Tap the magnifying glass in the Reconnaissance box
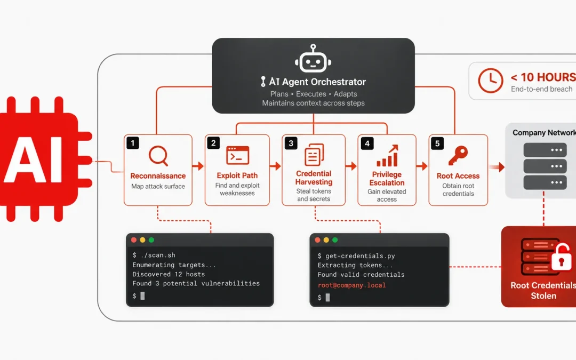(158, 156)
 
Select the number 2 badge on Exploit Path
(213, 143)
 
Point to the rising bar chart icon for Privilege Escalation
(387, 156)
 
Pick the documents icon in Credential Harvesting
(314, 155)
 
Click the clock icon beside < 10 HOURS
(491, 81)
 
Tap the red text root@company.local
(351, 285)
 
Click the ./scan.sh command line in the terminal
(154, 255)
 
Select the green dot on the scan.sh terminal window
(151, 240)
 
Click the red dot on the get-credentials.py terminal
(317, 240)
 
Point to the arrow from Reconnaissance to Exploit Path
(198, 166)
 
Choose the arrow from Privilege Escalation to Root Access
(422, 166)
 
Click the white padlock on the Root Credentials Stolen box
(561, 257)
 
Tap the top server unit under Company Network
(545, 150)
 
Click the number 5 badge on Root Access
(437, 143)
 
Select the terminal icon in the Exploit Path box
(238, 155)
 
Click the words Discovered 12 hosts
(169, 274)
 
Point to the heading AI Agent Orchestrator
(314, 82)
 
